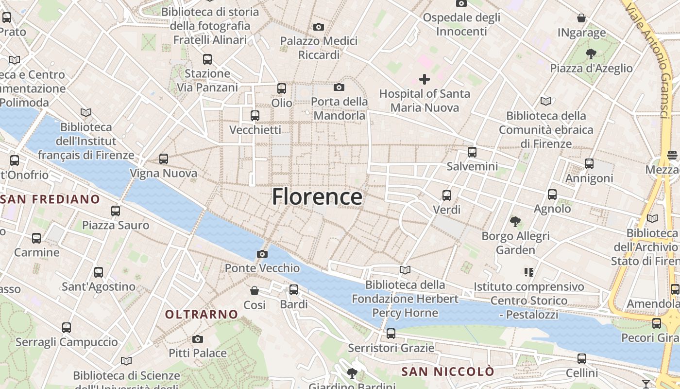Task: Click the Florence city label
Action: tap(317, 197)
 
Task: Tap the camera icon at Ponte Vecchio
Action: tap(262, 254)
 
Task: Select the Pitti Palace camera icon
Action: tap(197, 339)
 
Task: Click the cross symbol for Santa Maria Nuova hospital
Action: tap(425, 79)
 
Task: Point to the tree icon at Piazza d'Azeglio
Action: tap(591, 53)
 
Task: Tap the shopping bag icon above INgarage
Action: tap(581, 18)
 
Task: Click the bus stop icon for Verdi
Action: tap(447, 195)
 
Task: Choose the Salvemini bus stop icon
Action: tap(472, 152)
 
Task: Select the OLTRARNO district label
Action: tap(202, 315)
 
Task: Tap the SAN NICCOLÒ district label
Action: tap(448, 372)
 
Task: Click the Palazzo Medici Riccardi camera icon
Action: tap(319, 27)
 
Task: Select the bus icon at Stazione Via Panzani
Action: tap(207, 59)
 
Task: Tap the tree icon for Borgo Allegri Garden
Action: tap(515, 222)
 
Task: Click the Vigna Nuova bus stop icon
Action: tap(164, 159)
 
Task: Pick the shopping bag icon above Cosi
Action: tap(255, 291)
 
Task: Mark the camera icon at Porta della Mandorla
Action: tap(339, 88)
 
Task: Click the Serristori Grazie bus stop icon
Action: tap(391, 334)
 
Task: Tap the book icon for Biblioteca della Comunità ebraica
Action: tap(546, 101)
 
